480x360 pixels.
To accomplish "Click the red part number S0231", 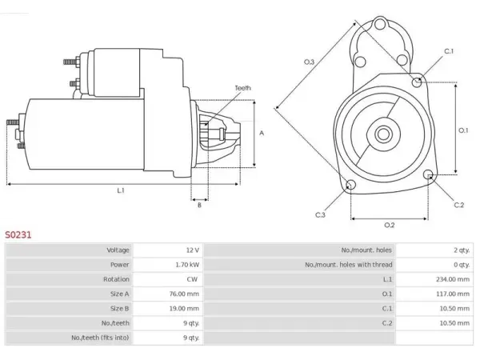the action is click(18, 234).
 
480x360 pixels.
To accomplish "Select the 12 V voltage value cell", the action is click(193, 250).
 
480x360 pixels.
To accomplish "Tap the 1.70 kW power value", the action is click(187, 265).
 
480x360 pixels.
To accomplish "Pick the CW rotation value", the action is click(192, 279).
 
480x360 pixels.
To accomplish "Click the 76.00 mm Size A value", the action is click(184, 294).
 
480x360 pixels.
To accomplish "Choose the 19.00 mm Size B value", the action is click(184, 309).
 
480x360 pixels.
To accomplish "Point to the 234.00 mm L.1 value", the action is click(453, 279).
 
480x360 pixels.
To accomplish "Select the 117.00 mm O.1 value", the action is click(453, 294).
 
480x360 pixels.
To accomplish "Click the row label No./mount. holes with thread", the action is click(348, 265).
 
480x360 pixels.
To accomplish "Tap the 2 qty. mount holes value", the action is click(462, 250).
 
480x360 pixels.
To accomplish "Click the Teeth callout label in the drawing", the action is click(242, 88).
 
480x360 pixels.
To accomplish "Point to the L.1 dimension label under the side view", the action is click(121, 190).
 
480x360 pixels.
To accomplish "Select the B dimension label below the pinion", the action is click(199, 205).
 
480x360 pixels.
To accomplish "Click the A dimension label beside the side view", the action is click(262, 133).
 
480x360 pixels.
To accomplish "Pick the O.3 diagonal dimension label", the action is click(309, 62).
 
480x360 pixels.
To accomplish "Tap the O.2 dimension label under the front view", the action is click(390, 226).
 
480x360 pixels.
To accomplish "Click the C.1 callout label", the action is click(449, 51).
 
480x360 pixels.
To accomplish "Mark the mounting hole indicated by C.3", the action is click(351, 185).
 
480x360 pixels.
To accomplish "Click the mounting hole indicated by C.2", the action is click(429, 174).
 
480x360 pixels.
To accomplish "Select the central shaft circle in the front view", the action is click(383, 134).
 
